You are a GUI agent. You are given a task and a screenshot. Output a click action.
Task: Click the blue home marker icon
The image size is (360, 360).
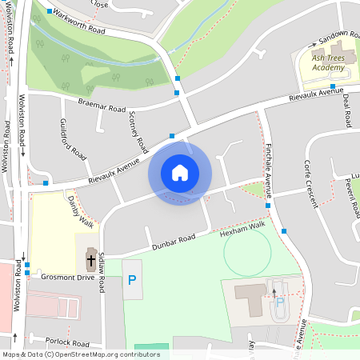[180, 173]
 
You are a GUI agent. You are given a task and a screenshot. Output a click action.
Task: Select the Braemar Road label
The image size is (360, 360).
[102, 104]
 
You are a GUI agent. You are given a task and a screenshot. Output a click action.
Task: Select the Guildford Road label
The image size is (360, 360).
[73, 139]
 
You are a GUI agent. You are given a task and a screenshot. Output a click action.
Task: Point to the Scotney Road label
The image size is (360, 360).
[138, 131]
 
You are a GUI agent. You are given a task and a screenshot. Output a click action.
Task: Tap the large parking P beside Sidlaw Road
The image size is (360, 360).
[132, 280]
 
